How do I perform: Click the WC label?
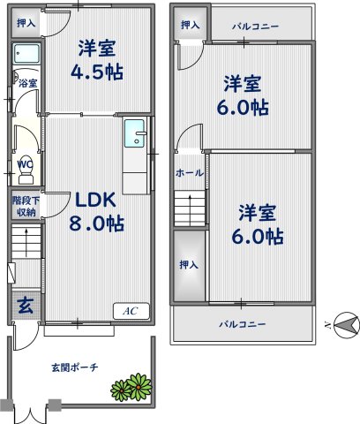pyautogui.click(x=25, y=164)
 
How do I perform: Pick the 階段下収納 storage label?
pyautogui.click(x=26, y=206)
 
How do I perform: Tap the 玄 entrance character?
pyautogui.click(x=26, y=307)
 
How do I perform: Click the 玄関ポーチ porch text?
pyautogui.click(x=74, y=366)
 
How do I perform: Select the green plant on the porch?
pyautogui.click(x=131, y=386)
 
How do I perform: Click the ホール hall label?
pyautogui.click(x=190, y=172)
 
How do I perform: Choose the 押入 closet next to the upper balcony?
pyautogui.click(x=188, y=26)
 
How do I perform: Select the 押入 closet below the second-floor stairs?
pyautogui.click(x=189, y=264)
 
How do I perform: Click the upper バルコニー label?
pyautogui.click(x=256, y=26)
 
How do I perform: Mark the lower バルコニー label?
pyautogui.click(x=243, y=324)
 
